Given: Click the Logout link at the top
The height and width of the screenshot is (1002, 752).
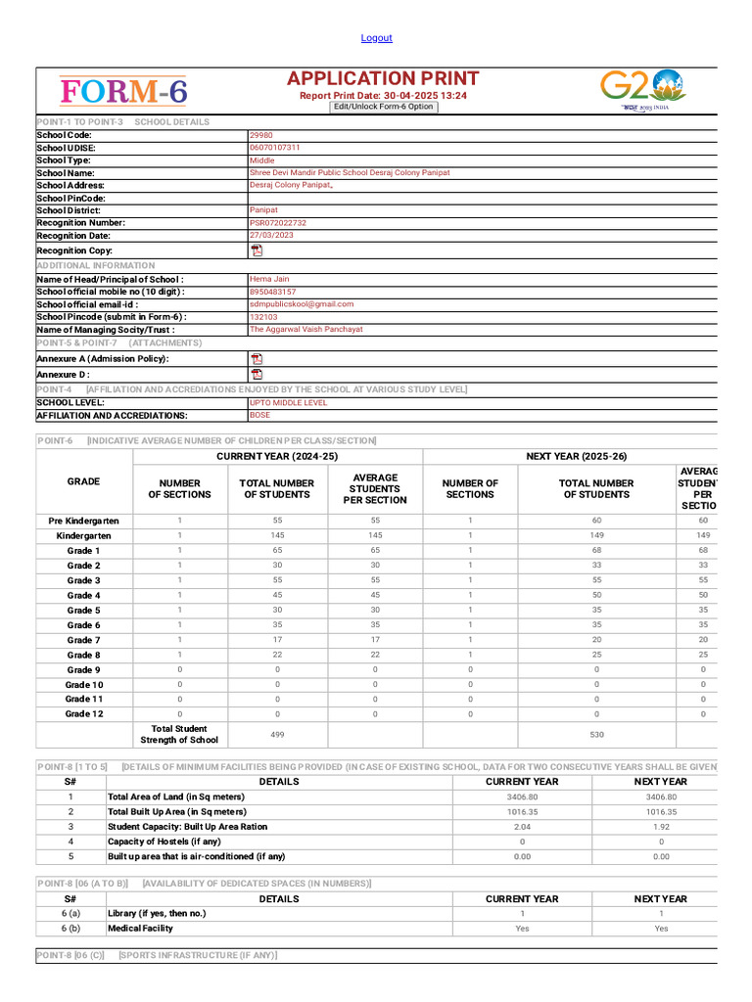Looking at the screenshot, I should click(376, 38).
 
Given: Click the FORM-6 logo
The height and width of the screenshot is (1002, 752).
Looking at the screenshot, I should click(123, 92).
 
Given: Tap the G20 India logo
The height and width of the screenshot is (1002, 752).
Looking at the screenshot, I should click(642, 91).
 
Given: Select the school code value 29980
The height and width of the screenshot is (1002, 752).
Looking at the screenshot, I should click(261, 135).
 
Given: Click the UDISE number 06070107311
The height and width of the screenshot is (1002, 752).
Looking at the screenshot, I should click(275, 148).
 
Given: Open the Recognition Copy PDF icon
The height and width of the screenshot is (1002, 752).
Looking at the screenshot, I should click(257, 250).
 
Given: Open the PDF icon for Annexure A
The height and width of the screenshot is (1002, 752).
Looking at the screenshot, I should click(257, 359).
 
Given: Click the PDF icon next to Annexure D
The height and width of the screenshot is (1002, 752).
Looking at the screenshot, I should click(257, 374).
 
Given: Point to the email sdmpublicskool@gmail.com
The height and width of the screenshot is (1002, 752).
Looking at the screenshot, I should click(302, 304).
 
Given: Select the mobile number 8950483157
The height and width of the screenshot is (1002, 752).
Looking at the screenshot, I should click(272, 292).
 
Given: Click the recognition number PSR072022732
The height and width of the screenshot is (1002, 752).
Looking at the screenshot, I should click(278, 223).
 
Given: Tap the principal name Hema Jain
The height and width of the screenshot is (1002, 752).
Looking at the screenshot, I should click(269, 279).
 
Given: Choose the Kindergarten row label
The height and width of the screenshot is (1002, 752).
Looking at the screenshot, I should click(83, 536).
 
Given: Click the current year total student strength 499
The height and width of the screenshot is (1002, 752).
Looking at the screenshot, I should click(277, 734).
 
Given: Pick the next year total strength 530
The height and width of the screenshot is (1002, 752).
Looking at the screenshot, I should click(596, 734).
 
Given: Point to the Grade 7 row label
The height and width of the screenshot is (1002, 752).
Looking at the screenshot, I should click(83, 640).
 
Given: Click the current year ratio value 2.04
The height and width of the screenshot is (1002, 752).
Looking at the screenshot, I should click(522, 827).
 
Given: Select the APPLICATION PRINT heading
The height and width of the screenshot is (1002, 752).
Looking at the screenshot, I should click(383, 78).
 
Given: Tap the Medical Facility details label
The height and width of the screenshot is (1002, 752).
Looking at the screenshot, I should click(140, 929).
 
